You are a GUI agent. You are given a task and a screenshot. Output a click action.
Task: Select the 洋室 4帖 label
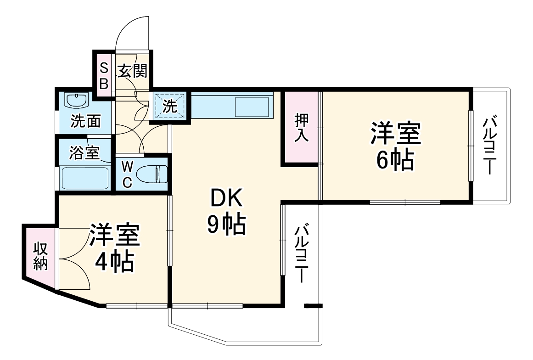(x=114, y=248)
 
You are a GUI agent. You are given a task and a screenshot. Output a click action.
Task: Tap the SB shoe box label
(x=104, y=76)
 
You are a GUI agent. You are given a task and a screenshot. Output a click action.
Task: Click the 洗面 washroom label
(x=85, y=122)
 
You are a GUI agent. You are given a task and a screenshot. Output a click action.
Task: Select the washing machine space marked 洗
(x=169, y=106)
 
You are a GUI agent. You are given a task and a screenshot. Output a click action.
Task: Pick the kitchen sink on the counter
(x=252, y=107)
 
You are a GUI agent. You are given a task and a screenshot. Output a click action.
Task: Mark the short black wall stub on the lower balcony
(x=313, y=305)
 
